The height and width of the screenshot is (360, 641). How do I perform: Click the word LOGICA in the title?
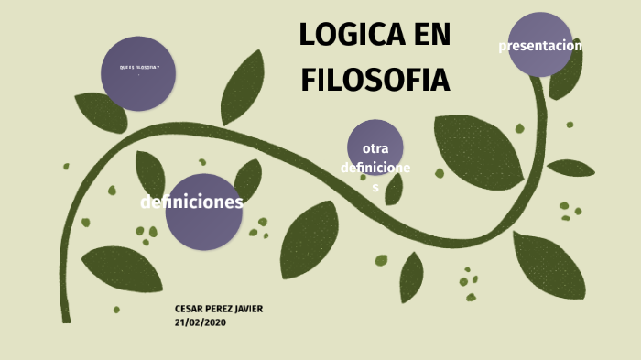pos(349,36)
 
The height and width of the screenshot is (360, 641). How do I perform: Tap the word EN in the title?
pos(429,36)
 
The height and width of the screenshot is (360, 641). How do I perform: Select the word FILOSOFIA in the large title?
pos(375,80)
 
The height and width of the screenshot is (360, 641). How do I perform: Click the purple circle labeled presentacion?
pos(540,46)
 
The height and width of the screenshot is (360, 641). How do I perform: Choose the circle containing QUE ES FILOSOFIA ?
pos(138,73)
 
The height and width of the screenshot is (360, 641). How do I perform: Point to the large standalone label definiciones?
pos(191,202)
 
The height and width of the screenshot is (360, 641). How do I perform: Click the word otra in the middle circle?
pos(375,148)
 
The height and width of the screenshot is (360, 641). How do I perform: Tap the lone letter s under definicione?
pos(375,187)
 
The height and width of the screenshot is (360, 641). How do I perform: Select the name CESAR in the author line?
pos(189,309)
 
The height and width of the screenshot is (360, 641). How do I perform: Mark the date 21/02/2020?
pos(200,322)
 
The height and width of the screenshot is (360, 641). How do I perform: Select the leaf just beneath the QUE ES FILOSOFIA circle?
pos(100,113)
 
